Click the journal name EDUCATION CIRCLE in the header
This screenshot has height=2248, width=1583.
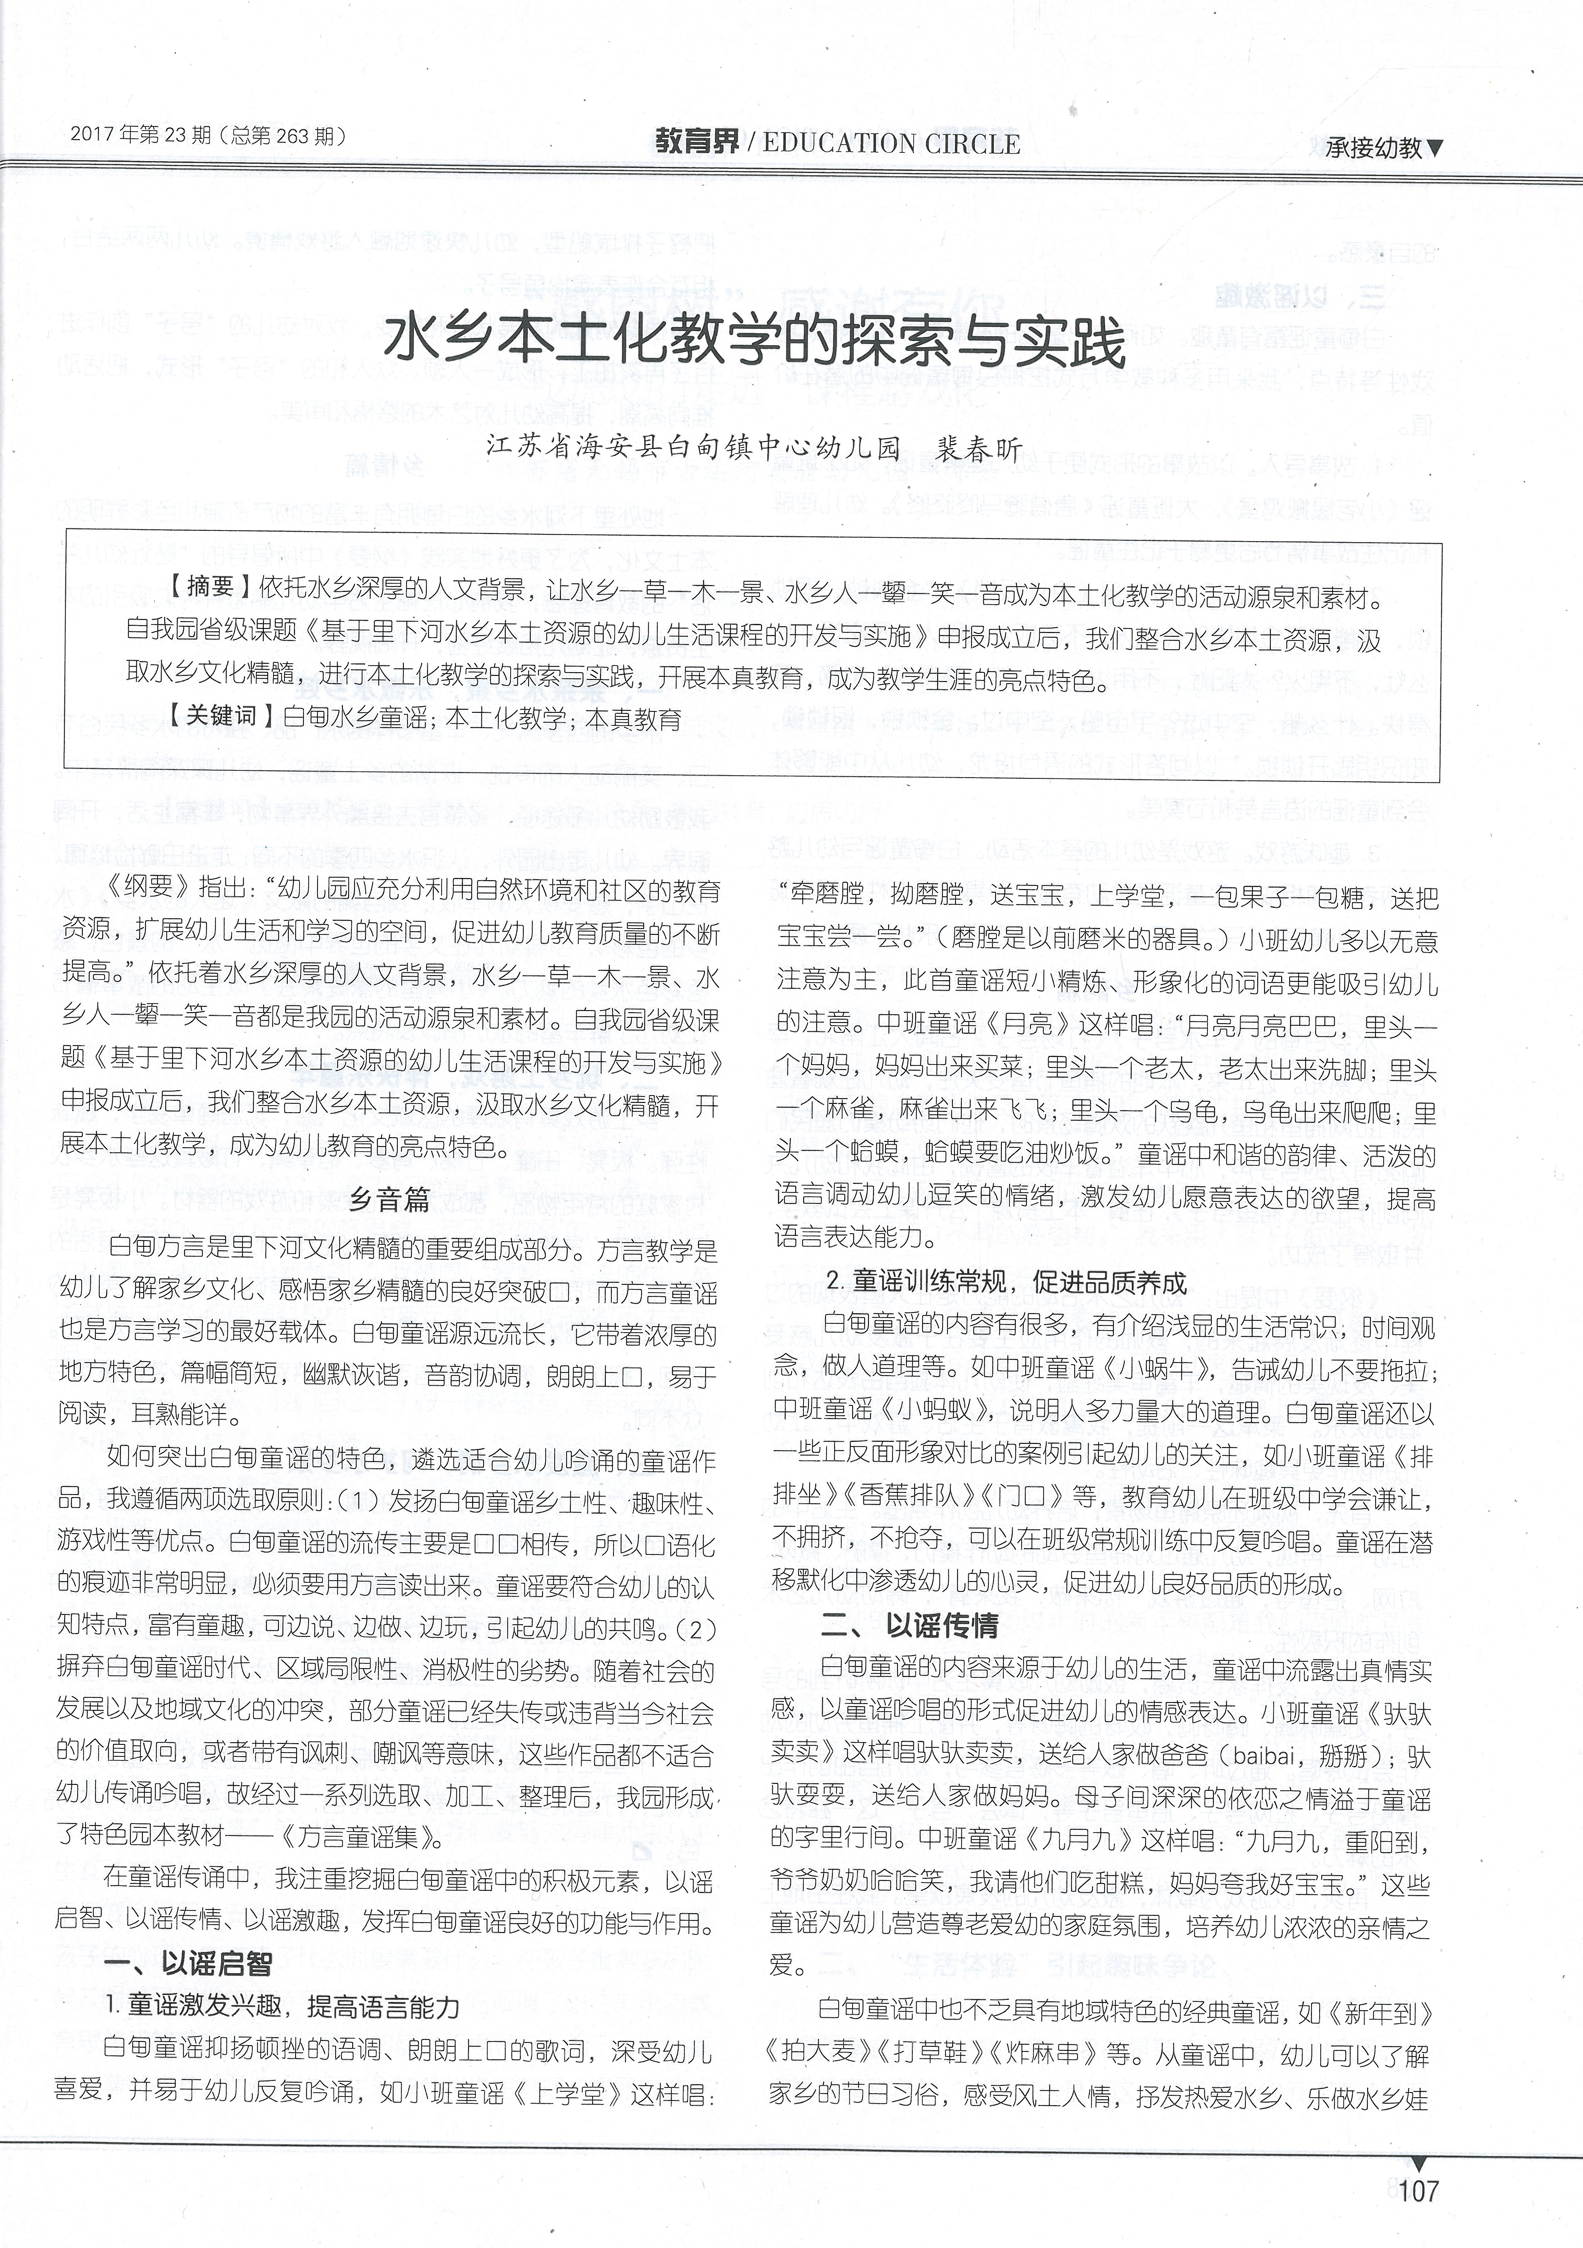[891, 144]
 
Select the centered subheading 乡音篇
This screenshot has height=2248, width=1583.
[390, 1200]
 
